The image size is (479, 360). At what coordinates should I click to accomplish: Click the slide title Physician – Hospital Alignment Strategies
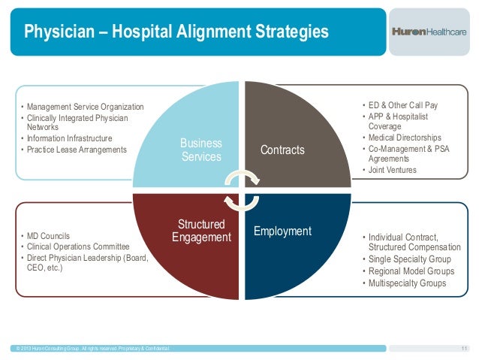coord(176,32)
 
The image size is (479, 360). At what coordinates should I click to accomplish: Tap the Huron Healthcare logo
coord(429,32)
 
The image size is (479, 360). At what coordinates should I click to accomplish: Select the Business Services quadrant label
coord(201,150)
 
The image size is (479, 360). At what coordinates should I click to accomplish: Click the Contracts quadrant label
coord(282,150)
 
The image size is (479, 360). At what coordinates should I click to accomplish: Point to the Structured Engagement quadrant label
coord(201,231)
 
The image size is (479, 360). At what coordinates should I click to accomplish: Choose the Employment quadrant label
coord(282,231)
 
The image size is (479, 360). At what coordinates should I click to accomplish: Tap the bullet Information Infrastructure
coord(71,138)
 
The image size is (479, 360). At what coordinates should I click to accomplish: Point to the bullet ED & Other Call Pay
coord(402,105)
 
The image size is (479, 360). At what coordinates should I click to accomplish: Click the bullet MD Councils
coord(48,236)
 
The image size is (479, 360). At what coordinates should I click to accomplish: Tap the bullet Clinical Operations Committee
coord(78,247)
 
